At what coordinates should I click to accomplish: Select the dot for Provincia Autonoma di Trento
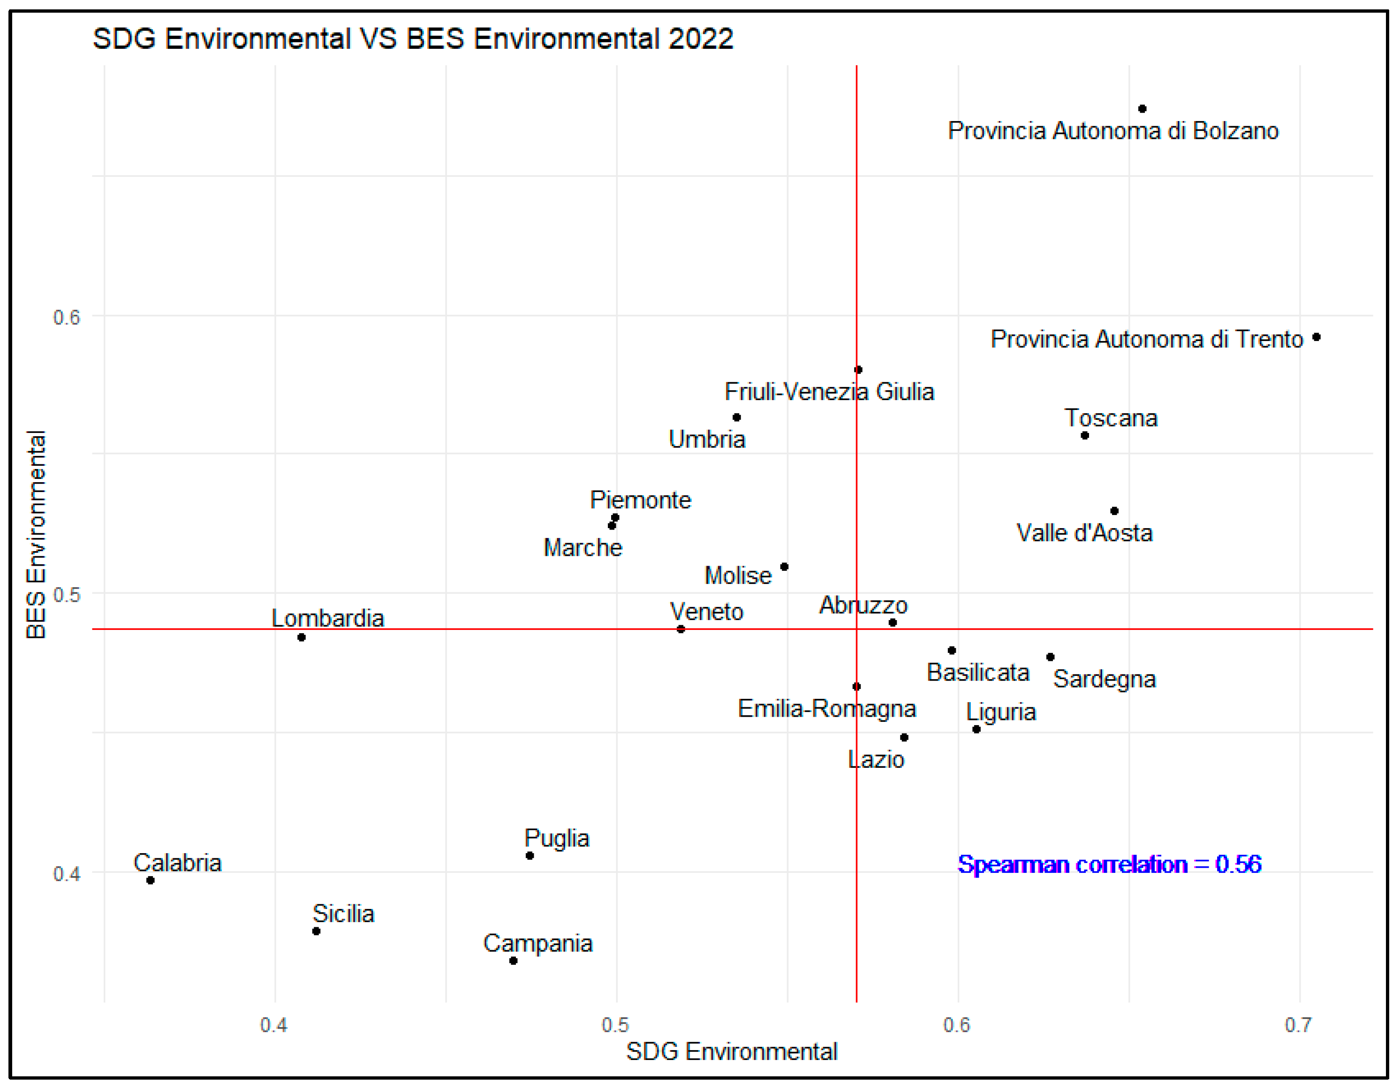[x=1316, y=337]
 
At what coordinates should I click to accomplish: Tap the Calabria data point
[x=150, y=880]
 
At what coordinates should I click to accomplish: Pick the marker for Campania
[x=513, y=960]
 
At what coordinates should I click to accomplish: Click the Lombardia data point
[x=301, y=637]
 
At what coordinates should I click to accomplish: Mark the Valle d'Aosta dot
[x=1114, y=511]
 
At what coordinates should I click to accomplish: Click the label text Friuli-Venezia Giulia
[x=829, y=392]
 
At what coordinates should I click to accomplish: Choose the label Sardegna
[x=1104, y=679]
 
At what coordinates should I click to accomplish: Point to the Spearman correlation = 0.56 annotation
[x=1109, y=864]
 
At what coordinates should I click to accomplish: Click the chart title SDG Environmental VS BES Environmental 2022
[x=413, y=38]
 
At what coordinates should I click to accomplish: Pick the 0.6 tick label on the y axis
[x=67, y=317]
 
